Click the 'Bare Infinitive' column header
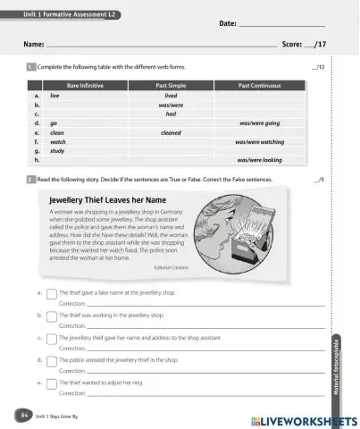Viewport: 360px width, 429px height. pyautogui.click(x=86, y=85)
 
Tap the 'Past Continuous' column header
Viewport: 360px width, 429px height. pyautogui.click(x=260, y=85)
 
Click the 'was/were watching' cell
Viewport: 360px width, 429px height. pyautogui.click(x=260, y=141)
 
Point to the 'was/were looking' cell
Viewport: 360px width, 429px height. pyautogui.click(x=260, y=160)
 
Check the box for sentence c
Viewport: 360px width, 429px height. pyautogui.click(x=52, y=339)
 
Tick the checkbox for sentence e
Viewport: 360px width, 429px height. pyautogui.click(x=52, y=383)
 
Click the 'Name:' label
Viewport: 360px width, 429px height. pyautogui.click(x=34, y=43)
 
